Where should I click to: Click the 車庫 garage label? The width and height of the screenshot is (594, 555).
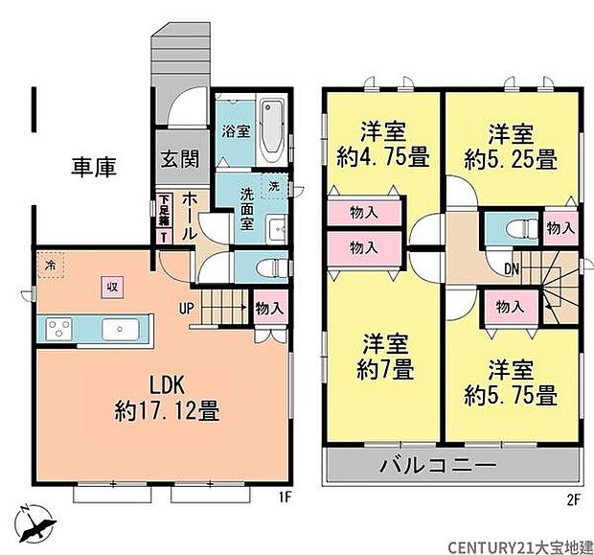[x=94, y=168]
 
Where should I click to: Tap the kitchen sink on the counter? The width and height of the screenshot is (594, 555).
[x=120, y=330]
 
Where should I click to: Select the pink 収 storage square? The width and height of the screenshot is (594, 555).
[x=112, y=284]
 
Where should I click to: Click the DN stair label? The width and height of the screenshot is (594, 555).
[x=513, y=269]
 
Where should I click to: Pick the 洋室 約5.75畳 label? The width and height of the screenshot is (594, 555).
[x=510, y=381]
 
